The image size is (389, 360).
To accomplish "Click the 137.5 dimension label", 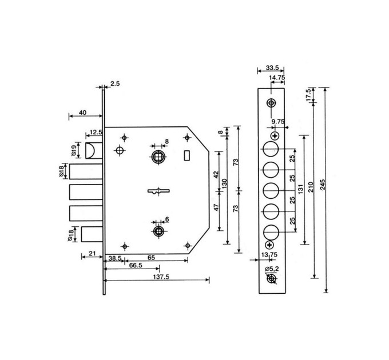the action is [161, 277].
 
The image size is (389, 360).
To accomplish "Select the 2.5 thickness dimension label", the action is [115, 84].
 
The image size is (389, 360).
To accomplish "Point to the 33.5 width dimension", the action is [272, 67].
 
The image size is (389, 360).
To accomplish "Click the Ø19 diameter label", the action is [74, 150].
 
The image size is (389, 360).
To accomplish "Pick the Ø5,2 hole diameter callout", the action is [272, 269].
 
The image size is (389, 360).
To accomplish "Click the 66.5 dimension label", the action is [136, 265].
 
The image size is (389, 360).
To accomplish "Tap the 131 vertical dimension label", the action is [300, 189].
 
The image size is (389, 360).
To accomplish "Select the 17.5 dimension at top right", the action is [308, 95].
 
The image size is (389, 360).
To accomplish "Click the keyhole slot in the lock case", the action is [158, 191].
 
